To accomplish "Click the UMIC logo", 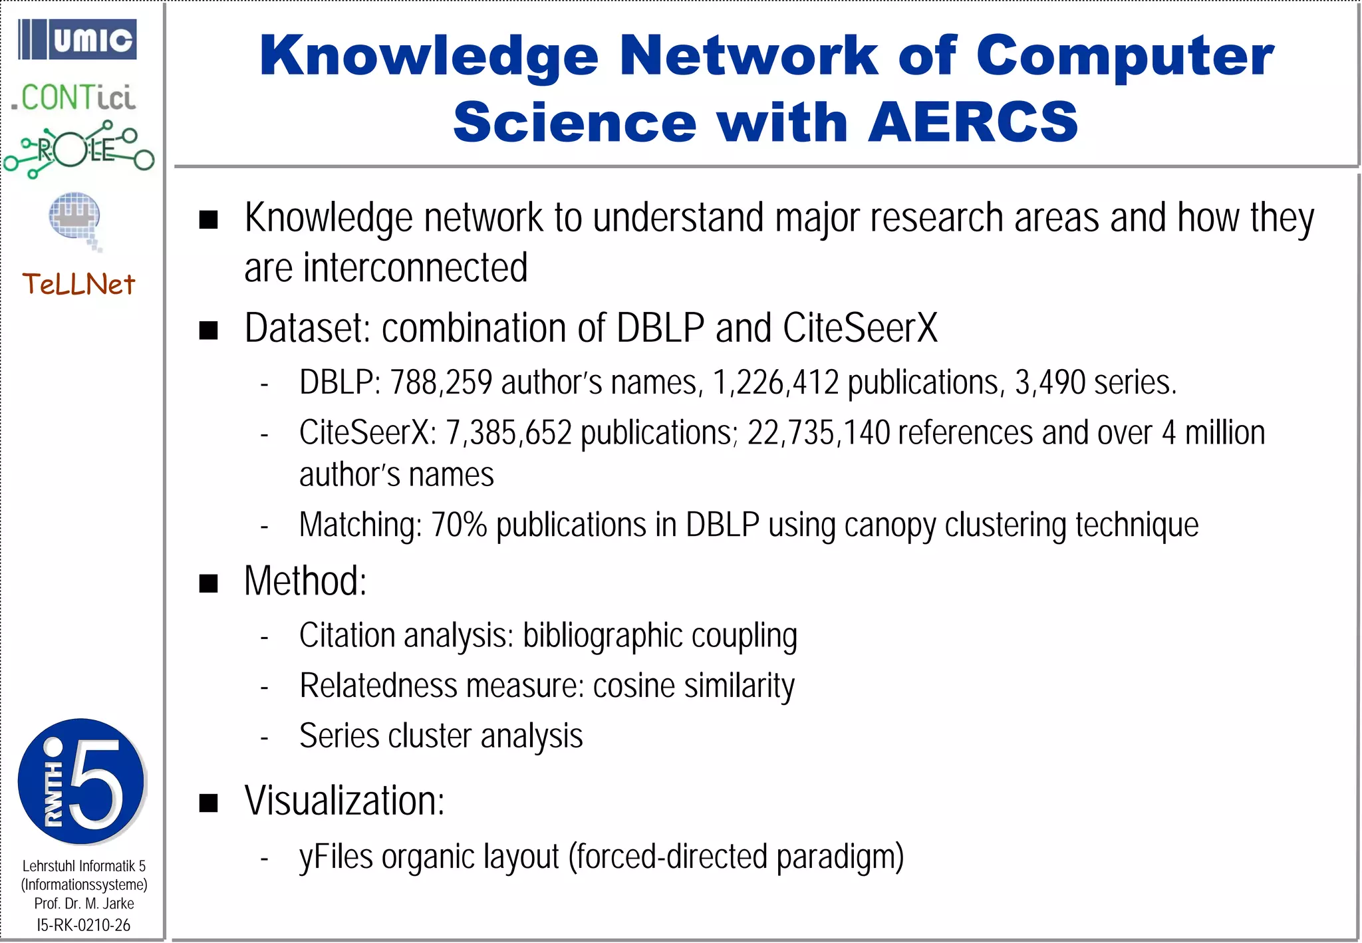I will point(77,39).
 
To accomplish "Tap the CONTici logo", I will point(73,98).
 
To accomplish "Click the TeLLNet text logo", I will point(78,285).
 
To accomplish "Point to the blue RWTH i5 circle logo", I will point(81,781).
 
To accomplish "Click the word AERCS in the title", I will point(972,122).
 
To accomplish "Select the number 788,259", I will point(440,382).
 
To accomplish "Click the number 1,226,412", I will point(775,382).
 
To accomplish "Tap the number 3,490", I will point(1050,382).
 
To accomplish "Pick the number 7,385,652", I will point(508,433).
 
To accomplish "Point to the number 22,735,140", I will point(818,433).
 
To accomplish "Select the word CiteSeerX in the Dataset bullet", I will point(860,328).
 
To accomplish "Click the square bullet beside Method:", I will point(209,583).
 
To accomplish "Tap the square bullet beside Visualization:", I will point(209,803).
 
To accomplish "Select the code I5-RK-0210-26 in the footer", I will point(84,924).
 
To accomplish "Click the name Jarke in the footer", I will point(118,904).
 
